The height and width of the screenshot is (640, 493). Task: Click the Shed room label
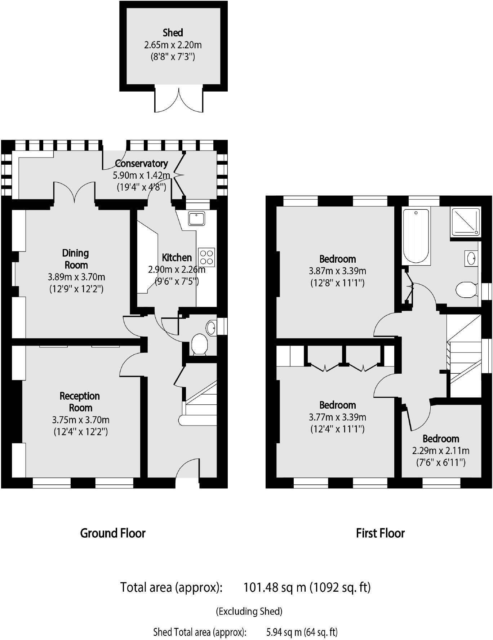pos(173,33)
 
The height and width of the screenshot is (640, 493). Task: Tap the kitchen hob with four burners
pos(206,257)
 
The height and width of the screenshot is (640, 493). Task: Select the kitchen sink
pos(196,218)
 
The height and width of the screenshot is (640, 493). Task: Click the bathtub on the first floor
pos(416,236)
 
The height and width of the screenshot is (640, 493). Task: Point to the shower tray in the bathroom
pos(465,222)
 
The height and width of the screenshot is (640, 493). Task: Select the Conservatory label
pos(142,164)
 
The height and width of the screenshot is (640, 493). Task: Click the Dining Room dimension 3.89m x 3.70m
pos(76,277)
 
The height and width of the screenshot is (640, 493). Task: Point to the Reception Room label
pos(80,402)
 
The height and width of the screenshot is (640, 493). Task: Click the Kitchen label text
pos(177,258)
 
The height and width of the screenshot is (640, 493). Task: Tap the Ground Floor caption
pos(113,533)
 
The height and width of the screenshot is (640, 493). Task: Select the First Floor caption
pos(380,533)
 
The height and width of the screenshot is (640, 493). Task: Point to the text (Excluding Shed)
pos(249,611)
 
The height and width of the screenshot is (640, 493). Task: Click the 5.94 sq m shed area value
pos(283,632)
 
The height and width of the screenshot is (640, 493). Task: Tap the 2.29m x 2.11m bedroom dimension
pos(441,451)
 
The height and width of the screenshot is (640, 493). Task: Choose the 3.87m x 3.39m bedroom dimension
pos(338,271)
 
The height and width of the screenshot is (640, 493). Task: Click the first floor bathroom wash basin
pos(471,258)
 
